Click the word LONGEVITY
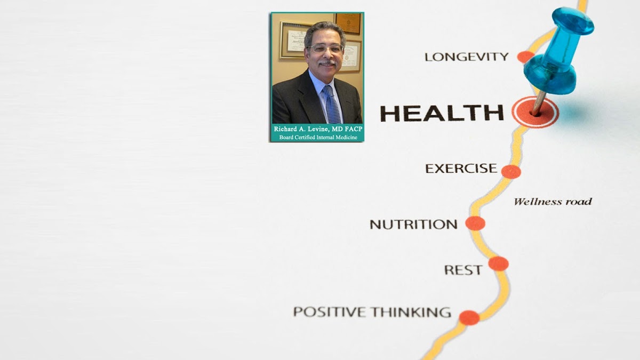click(467, 57)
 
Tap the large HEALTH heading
click(442, 113)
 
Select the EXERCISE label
click(461, 169)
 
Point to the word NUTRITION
click(414, 225)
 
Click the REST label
click(463, 270)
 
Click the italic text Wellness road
click(553, 202)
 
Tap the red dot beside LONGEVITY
click(525, 57)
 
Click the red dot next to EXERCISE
click(511, 172)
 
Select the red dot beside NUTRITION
click(475, 223)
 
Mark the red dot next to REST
click(498, 263)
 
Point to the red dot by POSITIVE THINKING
click(469, 318)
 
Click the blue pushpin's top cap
click(573, 21)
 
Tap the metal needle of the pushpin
click(539, 103)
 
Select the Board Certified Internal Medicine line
click(318, 138)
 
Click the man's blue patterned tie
click(332, 105)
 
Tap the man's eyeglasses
click(325, 49)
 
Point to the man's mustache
click(327, 62)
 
